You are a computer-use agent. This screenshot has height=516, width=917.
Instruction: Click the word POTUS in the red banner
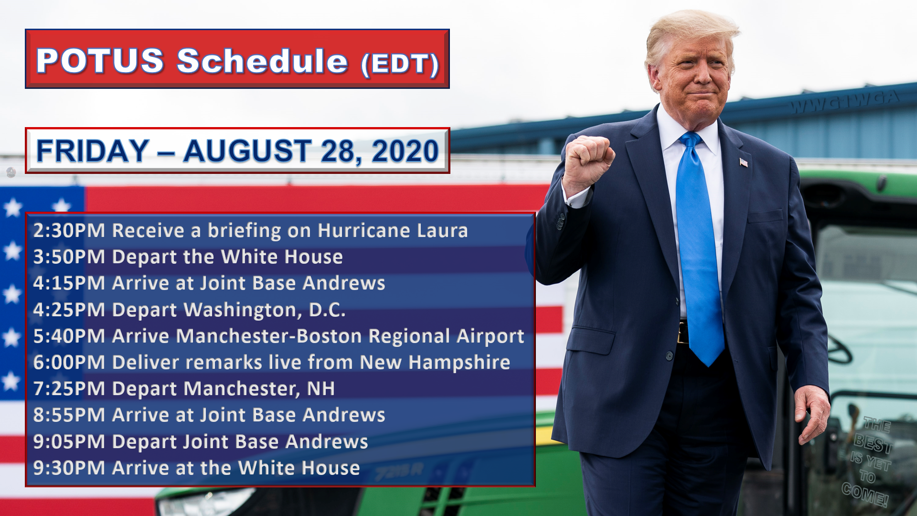coord(100,61)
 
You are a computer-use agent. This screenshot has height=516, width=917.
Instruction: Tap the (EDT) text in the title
coord(400,64)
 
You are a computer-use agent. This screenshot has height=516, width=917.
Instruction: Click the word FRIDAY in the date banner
coord(93,151)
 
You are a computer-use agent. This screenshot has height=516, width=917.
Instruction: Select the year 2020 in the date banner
coord(405,151)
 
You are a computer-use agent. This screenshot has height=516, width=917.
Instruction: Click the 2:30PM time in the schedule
coord(69,231)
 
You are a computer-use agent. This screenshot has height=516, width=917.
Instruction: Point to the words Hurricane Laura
coord(393,231)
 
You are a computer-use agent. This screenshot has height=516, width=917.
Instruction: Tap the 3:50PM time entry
coord(69,257)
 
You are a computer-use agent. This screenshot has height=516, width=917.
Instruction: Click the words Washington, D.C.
coord(265,310)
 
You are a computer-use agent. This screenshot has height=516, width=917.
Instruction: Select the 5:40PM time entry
coord(69,336)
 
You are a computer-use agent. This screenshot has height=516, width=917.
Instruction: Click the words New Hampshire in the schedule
coord(435,363)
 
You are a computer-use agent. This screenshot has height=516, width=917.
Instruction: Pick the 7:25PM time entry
coord(69,389)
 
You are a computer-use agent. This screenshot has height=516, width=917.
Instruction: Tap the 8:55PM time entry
coord(69,415)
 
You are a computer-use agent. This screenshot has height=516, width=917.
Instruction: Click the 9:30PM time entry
coord(69,468)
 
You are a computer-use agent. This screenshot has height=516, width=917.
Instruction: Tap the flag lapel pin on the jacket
coord(743,162)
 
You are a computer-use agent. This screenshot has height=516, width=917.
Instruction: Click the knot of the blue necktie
coord(690,140)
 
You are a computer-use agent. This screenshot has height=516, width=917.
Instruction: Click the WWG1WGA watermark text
coord(844,101)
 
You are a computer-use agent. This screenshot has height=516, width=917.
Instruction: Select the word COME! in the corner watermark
coord(865,495)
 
